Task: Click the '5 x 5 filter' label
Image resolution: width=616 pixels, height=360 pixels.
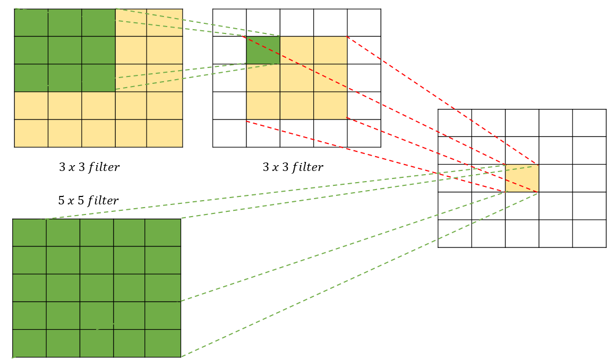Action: [88, 201]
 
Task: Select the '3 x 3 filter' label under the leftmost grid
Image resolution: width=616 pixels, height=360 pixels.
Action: [89, 167]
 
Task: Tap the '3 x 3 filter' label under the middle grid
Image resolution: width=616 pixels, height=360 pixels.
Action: [293, 167]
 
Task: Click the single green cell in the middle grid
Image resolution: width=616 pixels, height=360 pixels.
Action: [263, 50]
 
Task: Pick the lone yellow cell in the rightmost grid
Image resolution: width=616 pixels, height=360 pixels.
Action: [521, 178]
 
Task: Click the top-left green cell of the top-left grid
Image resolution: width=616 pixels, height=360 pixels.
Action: [31, 23]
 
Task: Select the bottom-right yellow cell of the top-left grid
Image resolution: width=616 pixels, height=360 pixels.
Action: [165, 133]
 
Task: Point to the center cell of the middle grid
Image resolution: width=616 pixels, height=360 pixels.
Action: [297, 78]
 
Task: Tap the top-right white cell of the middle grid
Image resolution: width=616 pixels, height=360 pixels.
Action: [364, 23]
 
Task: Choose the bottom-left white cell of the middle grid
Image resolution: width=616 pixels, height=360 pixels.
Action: [229, 133]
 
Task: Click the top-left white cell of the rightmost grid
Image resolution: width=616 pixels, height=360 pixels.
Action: [455, 123]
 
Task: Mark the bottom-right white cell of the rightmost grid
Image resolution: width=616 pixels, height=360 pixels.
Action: [589, 234]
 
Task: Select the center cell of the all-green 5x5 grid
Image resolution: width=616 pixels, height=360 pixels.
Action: [97, 288]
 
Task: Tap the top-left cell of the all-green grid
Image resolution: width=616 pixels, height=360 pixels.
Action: [29, 233]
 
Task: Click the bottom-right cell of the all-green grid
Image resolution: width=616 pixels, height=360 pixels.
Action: [163, 343]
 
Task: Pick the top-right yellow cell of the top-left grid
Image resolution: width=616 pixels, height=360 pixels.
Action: [165, 23]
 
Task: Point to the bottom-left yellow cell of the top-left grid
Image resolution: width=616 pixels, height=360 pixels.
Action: [31, 133]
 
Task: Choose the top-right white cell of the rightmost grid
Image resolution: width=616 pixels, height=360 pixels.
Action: [589, 123]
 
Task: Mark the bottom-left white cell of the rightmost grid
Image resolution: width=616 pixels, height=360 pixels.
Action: [455, 234]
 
